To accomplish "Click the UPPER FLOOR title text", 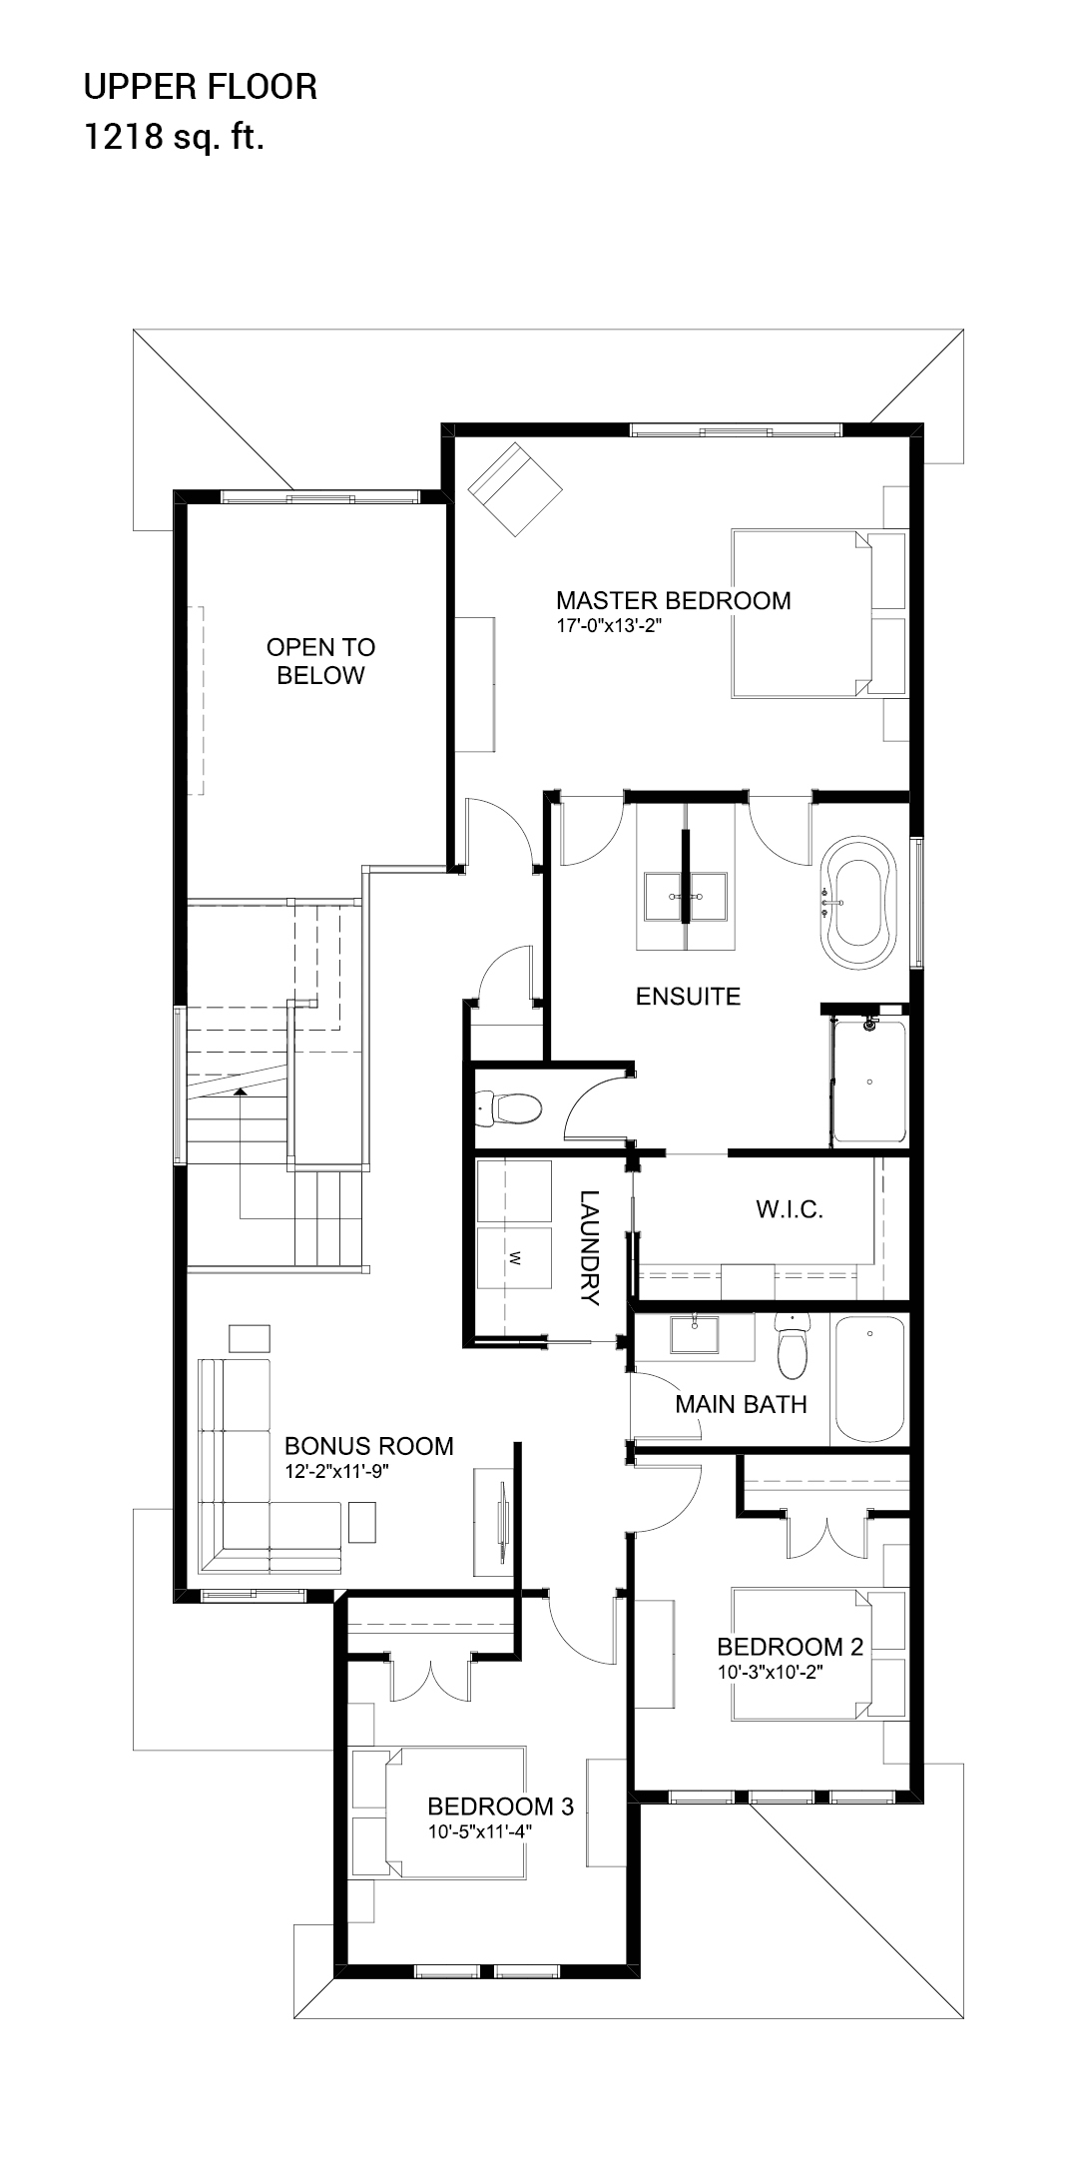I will point(200,88).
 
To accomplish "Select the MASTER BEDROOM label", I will point(673,600).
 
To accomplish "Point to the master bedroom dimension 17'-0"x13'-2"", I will point(610,627).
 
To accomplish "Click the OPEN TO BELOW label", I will point(320,661).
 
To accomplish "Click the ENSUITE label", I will point(688,996).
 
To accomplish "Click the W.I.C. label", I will point(789,1210).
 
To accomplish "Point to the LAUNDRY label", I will point(589,1248).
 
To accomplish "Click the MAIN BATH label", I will point(741,1404).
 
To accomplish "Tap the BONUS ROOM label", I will point(368,1446).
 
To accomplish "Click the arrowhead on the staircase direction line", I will point(240,1092).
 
